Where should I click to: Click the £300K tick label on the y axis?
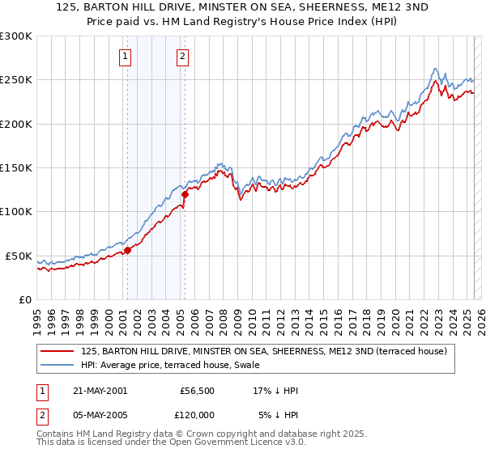(15, 36)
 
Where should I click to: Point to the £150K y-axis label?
(15, 168)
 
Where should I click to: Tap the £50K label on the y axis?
(19, 256)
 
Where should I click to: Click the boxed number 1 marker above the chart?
(126, 57)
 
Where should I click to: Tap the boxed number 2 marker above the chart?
(183, 57)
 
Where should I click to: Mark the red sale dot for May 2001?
(127, 249)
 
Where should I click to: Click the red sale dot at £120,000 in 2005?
(185, 194)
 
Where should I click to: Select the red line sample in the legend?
(58, 352)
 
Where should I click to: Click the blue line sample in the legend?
(58, 366)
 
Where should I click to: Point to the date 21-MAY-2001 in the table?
(100, 391)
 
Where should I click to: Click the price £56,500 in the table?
(197, 391)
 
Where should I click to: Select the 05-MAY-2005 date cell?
(100, 415)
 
